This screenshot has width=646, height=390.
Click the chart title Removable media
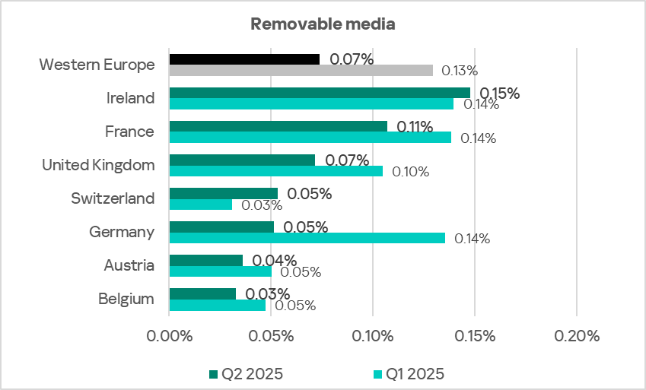[323, 24]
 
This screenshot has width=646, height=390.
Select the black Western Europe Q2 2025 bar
[244, 59]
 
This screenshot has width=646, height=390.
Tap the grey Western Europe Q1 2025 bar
[301, 71]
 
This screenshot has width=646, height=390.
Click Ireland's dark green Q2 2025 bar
[320, 92]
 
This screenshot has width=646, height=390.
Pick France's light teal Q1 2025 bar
[310, 138]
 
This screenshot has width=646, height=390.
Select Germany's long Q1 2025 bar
[307, 238]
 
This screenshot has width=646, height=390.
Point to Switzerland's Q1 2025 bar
[201, 205]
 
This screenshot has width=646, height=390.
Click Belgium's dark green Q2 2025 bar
[202, 293]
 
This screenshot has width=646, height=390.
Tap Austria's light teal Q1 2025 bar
[220, 271]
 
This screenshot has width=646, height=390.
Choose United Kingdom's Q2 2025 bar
[242, 160]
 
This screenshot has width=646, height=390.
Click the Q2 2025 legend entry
[252, 373]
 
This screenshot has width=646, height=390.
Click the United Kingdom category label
[98, 165]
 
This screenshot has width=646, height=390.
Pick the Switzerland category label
[113, 198]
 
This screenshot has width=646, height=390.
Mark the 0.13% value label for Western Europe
[460, 71]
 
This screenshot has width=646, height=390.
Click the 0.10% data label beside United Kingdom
[411, 172]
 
